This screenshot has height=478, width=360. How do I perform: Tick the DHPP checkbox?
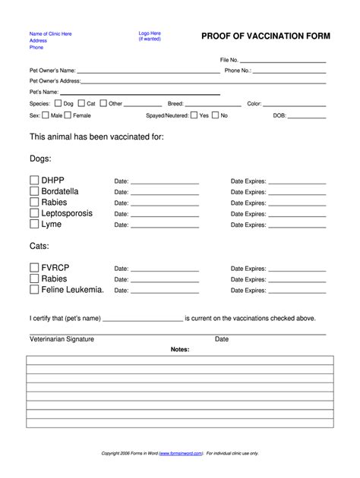pyautogui.click(x=34, y=181)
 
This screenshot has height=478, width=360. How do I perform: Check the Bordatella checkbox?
pyautogui.click(x=34, y=192)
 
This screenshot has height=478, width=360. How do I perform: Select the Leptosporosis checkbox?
pyautogui.click(x=34, y=214)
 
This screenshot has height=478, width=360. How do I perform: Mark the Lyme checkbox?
pyautogui.click(x=34, y=225)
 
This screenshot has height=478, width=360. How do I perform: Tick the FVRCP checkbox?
pyautogui.click(x=34, y=268)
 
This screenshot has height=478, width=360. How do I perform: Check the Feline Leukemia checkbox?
pyautogui.click(x=34, y=289)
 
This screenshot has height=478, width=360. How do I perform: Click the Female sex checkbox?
pyautogui.click(x=68, y=115)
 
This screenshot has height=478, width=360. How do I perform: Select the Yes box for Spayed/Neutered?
pyautogui.click(x=194, y=115)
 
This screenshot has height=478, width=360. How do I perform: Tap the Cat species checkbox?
pyautogui.click(x=81, y=103)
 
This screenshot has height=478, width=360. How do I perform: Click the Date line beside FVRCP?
pyautogui.click(x=165, y=270)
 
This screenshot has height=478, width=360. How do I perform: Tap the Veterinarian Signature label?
pyautogui.click(x=62, y=339)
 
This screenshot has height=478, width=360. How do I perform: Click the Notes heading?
pyautogui.click(x=179, y=350)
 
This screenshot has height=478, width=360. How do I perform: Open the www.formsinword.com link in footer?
pyautogui.click(x=181, y=453)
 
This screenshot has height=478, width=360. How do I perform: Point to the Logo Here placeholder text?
pyautogui.click(x=149, y=33)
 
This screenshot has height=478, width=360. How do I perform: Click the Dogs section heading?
pyautogui.click(x=40, y=159)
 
